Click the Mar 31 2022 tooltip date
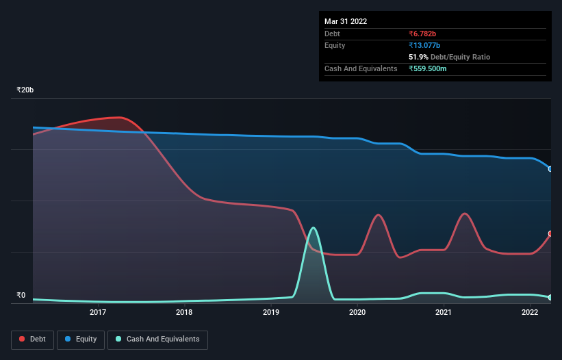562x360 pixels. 346,21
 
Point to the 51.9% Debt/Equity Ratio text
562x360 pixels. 449,57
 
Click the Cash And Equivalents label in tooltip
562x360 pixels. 361,68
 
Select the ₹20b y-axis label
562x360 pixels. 25,90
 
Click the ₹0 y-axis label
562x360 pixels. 21,296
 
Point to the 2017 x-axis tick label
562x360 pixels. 98,313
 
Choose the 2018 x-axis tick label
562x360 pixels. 184,313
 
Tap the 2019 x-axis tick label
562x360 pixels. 271,313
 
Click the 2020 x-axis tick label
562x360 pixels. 357,313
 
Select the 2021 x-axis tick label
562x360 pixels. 444,313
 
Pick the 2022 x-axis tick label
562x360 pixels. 530,313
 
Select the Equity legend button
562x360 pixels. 81,339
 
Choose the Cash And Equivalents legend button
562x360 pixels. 157,339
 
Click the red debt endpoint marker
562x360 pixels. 550,233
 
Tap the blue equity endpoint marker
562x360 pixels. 550,168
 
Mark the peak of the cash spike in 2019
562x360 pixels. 314,228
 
